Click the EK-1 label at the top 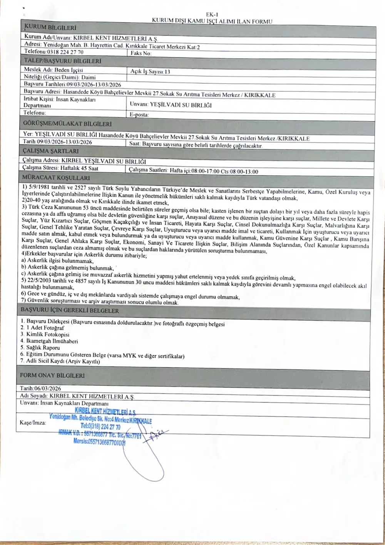(x=212, y=15)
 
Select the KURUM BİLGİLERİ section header (x=50, y=28)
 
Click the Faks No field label (x=141, y=53)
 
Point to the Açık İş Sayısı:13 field (x=150, y=72)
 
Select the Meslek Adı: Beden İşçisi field (x=54, y=70)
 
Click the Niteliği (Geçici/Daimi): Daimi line (x=60, y=77)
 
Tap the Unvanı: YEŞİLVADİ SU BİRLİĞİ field (x=171, y=105)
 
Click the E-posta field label (x=139, y=115)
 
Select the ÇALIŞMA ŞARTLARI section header (x=50, y=151)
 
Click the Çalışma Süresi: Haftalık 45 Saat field (x=60, y=168)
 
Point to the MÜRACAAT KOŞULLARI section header (x=56, y=178)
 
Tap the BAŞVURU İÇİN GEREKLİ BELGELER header (x=70, y=310)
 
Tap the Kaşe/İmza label (x=33, y=423)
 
